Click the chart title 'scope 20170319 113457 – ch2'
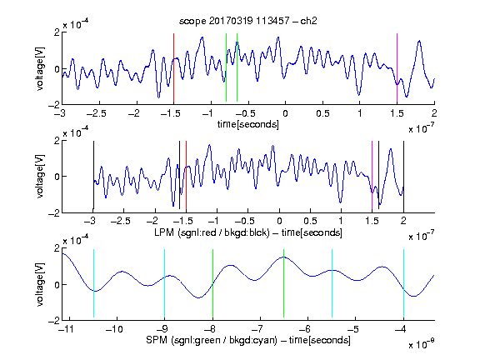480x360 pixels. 248,21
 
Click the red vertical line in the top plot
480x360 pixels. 173,67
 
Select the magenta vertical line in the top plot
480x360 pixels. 397,67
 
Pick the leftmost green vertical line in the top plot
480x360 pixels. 226,67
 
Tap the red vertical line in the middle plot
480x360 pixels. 186,175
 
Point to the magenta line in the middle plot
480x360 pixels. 372,175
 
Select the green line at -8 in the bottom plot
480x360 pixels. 212,283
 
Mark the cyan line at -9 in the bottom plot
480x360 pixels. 164,283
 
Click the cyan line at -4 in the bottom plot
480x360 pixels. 403,283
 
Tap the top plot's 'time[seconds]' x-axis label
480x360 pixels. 248,124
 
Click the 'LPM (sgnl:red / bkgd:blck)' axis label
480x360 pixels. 212,232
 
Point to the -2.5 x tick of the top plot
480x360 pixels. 97,113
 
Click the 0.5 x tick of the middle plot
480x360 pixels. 310,221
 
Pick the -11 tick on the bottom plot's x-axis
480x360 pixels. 66,329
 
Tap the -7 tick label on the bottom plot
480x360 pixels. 259,329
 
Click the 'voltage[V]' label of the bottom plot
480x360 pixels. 40,284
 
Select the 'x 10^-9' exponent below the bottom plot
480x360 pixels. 422,343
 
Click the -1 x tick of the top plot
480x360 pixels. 207,113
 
